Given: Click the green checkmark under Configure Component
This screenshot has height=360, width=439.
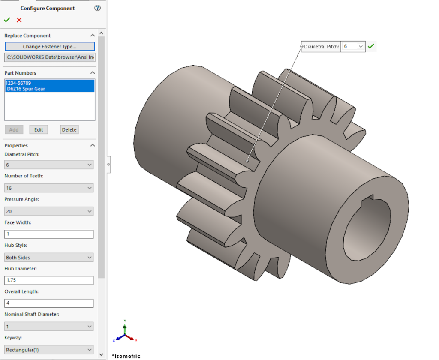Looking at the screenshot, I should [x=7, y=20].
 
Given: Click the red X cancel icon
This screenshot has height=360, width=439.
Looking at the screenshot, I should [x=19, y=20].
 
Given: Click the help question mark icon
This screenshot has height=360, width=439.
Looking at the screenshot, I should [x=98, y=8].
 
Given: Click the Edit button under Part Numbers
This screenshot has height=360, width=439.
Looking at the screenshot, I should [x=39, y=130].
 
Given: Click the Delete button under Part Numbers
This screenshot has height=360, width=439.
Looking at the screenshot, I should [x=69, y=130].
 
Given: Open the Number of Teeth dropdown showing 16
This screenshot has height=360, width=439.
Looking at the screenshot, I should [x=49, y=188].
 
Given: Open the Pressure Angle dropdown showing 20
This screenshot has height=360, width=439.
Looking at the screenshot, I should [x=49, y=211].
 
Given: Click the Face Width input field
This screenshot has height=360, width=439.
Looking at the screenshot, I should [x=49, y=234].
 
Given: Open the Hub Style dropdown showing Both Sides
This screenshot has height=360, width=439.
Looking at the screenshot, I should [x=49, y=258].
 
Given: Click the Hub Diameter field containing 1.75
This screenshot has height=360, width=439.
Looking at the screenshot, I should [x=49, y=281].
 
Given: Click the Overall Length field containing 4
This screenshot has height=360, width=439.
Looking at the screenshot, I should [x=49, y=303].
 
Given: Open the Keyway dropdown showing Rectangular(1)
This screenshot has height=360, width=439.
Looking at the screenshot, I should [x=49, y=350].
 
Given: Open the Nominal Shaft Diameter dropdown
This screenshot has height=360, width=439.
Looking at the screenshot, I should [x=49, y=327].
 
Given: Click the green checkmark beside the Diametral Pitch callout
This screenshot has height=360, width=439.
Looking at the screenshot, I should [x=371, y=46].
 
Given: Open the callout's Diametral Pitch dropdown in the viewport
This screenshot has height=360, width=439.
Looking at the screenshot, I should [x=353, y=46].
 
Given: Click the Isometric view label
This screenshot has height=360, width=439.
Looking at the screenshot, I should [x=127, y=356].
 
